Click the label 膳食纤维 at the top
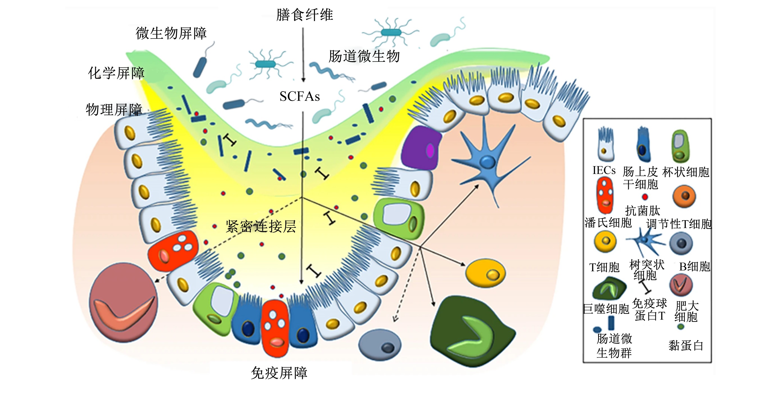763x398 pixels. coord(304,15)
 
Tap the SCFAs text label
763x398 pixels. coord(299,96)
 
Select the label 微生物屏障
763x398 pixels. coord(171,33)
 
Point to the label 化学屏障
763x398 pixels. coord(116,73)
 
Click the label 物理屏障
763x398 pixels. coord(114,110)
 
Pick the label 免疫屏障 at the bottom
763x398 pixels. coord(279,373)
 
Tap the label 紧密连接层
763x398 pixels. coord(261,226)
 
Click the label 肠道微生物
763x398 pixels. coord(364,56)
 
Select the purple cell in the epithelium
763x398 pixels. coord(421,148)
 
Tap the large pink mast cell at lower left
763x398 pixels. coord(124,302)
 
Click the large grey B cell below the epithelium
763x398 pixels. coord(380,345)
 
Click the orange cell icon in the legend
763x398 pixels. coord(684,196)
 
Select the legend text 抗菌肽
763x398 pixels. coord(643,211)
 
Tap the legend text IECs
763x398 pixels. coord(604,170)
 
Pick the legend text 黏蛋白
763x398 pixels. coord(686,345)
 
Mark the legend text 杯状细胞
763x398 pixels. coord(686,172)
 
